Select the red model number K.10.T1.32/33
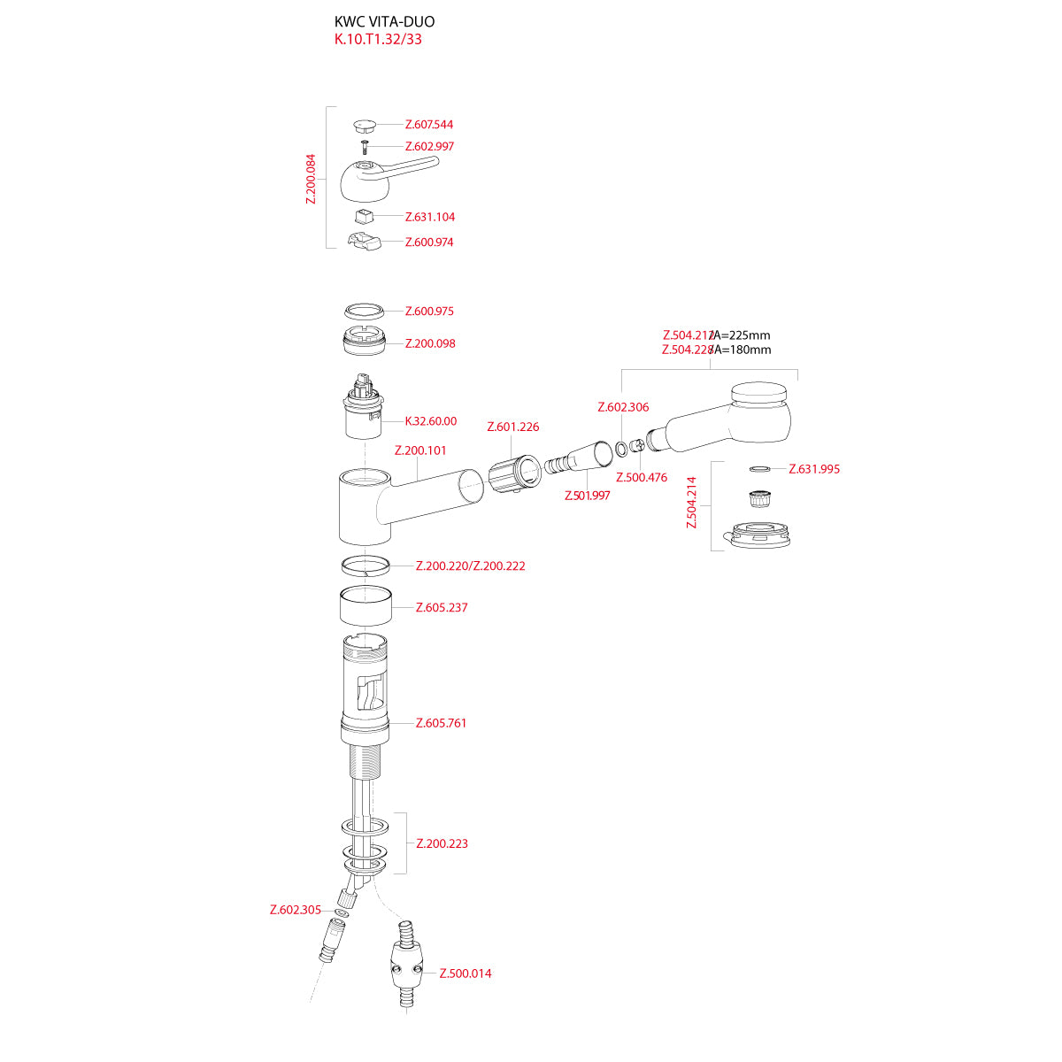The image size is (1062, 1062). tap(378, 40)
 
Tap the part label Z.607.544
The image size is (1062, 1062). tap(428, 125)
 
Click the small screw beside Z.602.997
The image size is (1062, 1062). tap(363, 146)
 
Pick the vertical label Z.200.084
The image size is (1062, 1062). tap(311, 180)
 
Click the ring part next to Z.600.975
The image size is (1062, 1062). tap(364, 311)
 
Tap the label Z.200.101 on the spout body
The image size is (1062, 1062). tap(420, 450)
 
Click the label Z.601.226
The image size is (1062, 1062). tap(512, 427)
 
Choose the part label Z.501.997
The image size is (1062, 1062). tap(588, 496)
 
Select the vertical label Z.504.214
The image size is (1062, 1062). tap(693, 503)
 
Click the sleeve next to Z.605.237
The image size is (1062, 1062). tap(366, 607)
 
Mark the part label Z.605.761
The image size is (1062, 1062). tap(441, 723)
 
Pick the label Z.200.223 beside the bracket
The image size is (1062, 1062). tap(442, 843)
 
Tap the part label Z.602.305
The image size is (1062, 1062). tap(296, 910)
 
